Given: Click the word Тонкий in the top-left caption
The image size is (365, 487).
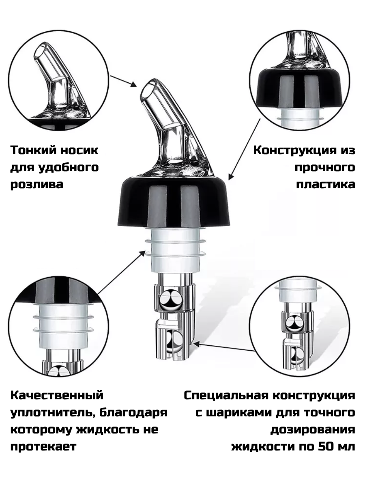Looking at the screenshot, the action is [x=32, y=150].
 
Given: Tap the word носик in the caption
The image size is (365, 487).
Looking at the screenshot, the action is [x=79, y=151].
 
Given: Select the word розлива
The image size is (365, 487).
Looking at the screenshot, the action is [x=37, y=185].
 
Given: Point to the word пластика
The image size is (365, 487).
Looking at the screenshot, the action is [x=326, y=185].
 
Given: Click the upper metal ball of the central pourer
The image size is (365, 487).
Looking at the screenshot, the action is [x=170, y=301].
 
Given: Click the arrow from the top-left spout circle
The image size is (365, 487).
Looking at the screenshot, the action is [x=123, y=81].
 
